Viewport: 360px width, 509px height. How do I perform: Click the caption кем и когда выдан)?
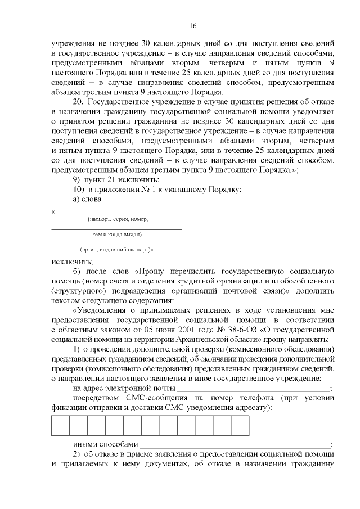coord(116,233)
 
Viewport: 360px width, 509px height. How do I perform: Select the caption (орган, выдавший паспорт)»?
coord(116,249)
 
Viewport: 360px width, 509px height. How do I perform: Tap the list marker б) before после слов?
coord(78,272)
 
